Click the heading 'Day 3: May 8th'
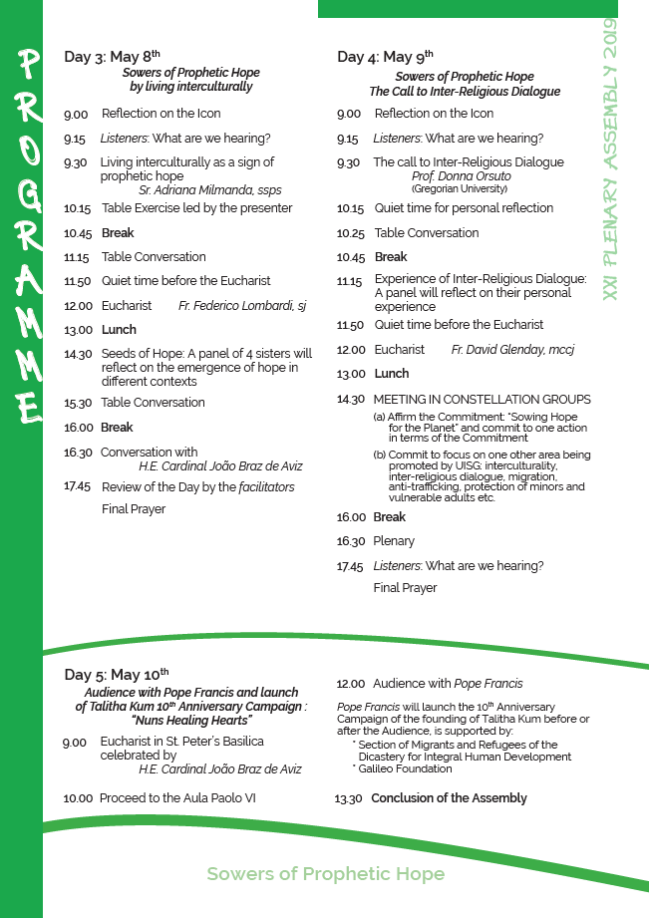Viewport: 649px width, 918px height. [112, 57]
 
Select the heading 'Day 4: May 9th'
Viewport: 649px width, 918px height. [385, 57]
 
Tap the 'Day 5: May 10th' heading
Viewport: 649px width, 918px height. [116, 675]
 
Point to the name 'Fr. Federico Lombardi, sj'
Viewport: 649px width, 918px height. [242, 305]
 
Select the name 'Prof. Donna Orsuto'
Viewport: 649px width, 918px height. [461, 176]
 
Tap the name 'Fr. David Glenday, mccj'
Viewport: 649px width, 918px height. [512, 350]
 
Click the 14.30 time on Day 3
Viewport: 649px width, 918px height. [78, 354]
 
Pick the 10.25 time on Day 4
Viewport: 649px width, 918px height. [351, 233]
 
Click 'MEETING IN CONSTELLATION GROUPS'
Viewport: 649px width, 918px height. [482, 400]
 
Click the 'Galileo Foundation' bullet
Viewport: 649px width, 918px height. [403, 769]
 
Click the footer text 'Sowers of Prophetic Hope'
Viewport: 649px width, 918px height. [325, 875]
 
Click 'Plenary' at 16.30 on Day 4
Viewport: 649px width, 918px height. [394, 541]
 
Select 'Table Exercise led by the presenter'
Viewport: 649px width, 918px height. [196, 208]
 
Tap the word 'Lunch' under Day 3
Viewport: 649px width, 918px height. [119, 330]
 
